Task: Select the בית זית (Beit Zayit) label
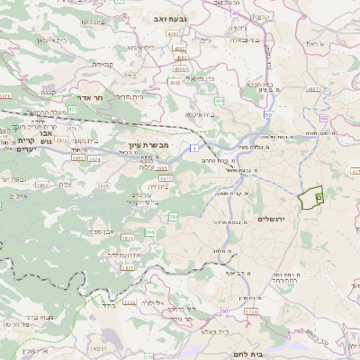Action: (158, 186)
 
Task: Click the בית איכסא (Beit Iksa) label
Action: (200, 115)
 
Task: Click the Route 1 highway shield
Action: (194, 147)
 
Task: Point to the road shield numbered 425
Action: (70, 109)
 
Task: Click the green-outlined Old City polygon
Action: (310, 198)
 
